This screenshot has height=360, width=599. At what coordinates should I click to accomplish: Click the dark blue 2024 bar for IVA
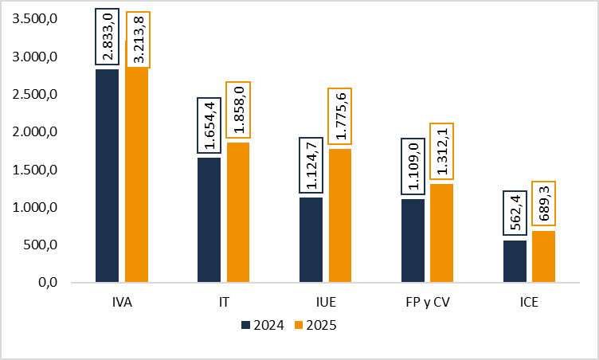pos(107,175)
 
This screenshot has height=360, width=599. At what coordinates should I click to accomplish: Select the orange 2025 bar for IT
pos(238,212)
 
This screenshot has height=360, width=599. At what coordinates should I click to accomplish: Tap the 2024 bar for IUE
pos(311,239)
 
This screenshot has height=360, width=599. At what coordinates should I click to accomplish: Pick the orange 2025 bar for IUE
pos(341,215)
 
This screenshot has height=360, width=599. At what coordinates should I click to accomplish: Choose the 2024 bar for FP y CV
pos(413,241)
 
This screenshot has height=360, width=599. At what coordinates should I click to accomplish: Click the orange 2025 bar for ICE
pos(543,256)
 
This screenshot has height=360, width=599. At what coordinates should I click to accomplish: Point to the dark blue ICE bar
pos(515,261)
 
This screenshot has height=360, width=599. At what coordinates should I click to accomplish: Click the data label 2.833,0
pos(107,36)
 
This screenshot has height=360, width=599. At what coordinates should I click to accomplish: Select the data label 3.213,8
pos(137,39)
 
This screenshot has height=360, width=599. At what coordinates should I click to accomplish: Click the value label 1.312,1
pos(442,153)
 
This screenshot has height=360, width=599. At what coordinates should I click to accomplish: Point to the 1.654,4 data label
pos(209,125)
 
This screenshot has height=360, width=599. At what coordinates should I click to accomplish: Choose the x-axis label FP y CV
pos(428,303)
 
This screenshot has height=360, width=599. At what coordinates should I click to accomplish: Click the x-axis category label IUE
pos(326,303)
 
